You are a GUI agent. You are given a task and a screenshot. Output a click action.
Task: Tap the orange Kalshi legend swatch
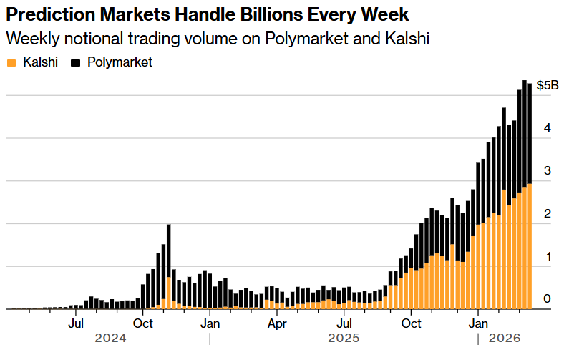pyautogui.click(x=11, y=63)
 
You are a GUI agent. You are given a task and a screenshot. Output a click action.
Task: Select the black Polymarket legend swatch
pyautogui.click(x=76, y=63)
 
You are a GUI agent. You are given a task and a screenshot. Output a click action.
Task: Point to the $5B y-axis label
pyautogui.click(x=548, y=85)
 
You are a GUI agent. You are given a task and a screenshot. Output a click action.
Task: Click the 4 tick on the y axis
pyautogui.click(x=547, y=128)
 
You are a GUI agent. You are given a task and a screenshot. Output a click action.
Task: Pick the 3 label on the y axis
pyautogui.click(x=547, y=171)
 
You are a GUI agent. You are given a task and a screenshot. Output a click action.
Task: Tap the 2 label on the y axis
pyautogui.click(x=547, y=214)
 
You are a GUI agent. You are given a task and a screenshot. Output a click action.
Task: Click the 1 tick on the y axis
pyautogui.click(x=547, y=256)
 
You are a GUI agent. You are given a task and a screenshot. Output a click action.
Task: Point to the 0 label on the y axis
pyautogui.click(x=547, y=299)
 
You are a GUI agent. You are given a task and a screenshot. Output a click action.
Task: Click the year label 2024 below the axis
pyautogui.click(x=110, y=338)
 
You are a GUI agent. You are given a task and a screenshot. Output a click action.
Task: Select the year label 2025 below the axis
pyautogui.click(x=344, y=338)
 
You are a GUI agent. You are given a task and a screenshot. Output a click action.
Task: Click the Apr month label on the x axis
pyautogui.click(x=277, y=323)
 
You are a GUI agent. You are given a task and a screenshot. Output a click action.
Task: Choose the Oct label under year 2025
pyautogui.click(x=411, y=323)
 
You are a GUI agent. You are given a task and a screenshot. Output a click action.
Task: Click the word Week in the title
pyautogui.click(x=389, y=14)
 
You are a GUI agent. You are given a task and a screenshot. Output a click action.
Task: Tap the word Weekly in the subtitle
pyautogui.click(x=30, y=39)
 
